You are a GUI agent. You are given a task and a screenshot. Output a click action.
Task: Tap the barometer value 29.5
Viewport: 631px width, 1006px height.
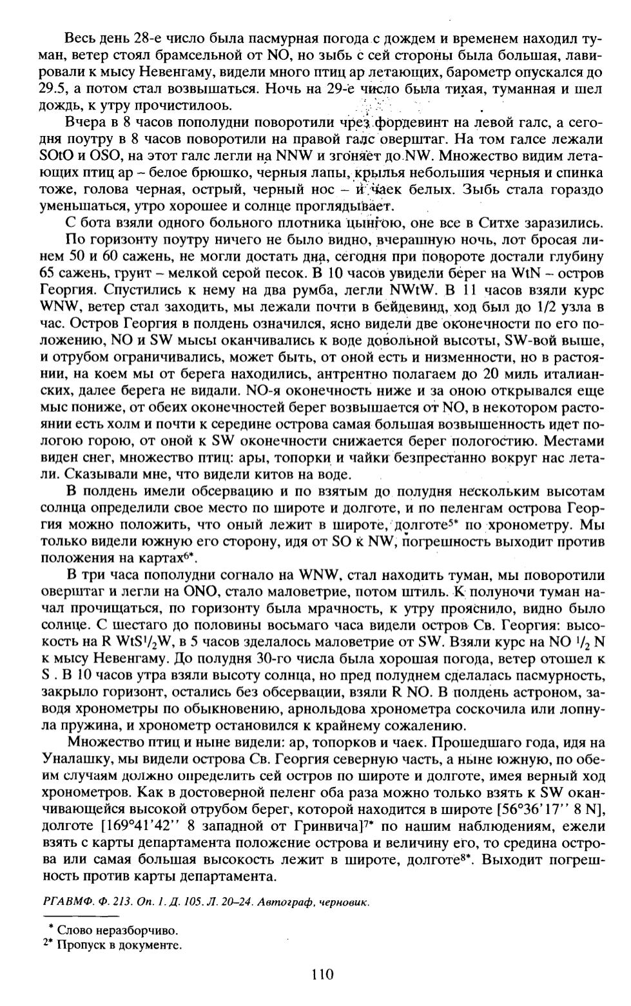click(x=55, y=88)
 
